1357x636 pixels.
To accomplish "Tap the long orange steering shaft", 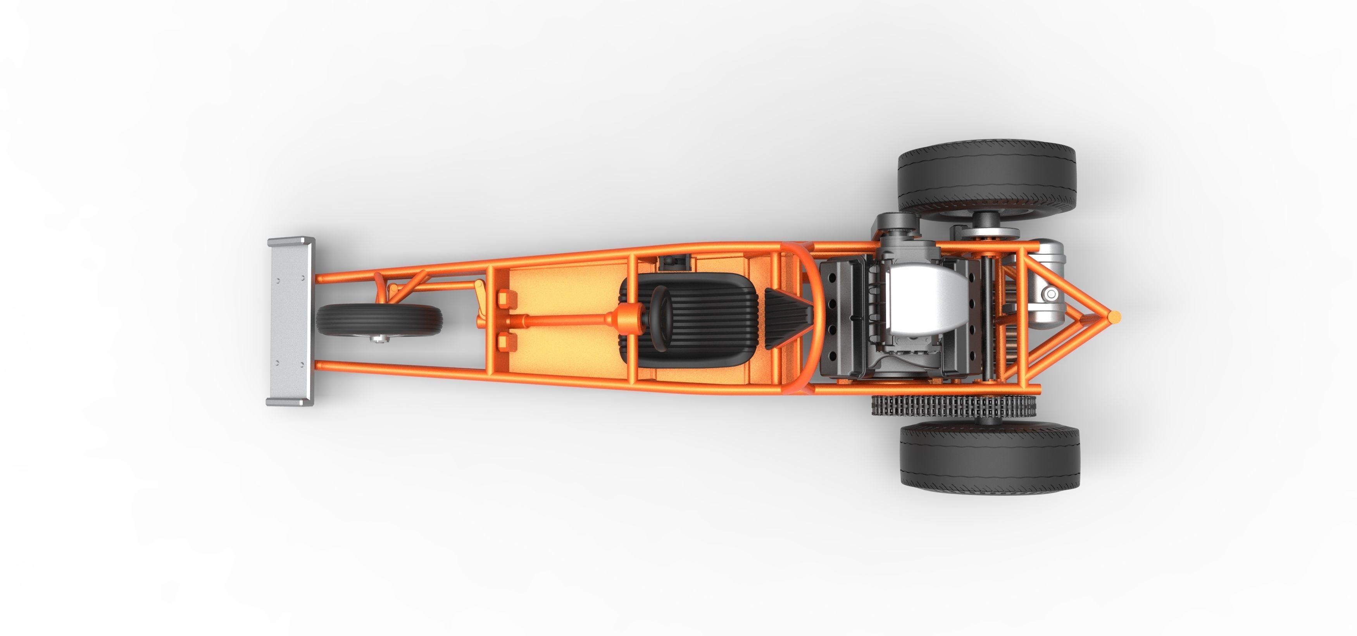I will click(559, 320).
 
